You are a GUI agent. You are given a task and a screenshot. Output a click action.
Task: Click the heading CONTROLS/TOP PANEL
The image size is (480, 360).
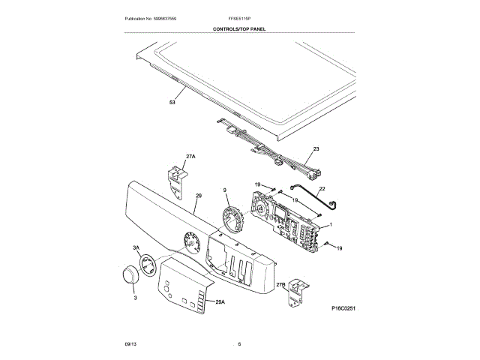239,29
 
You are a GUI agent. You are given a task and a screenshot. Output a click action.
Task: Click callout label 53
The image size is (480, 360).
172,102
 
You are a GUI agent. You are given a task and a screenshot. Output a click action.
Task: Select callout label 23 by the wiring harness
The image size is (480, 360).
316,150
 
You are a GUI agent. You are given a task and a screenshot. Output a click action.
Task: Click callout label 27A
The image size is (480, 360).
190,157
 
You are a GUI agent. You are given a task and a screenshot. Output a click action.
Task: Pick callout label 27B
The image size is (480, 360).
280,285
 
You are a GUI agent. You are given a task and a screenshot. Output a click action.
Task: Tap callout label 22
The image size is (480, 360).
322,189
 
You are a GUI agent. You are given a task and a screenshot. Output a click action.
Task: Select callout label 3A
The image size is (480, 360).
136,247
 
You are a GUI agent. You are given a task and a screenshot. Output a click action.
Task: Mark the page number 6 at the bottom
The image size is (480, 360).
239,344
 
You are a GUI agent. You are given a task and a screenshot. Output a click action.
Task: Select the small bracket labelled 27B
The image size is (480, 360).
298,290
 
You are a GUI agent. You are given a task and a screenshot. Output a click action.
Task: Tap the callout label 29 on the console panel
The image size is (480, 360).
199,196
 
